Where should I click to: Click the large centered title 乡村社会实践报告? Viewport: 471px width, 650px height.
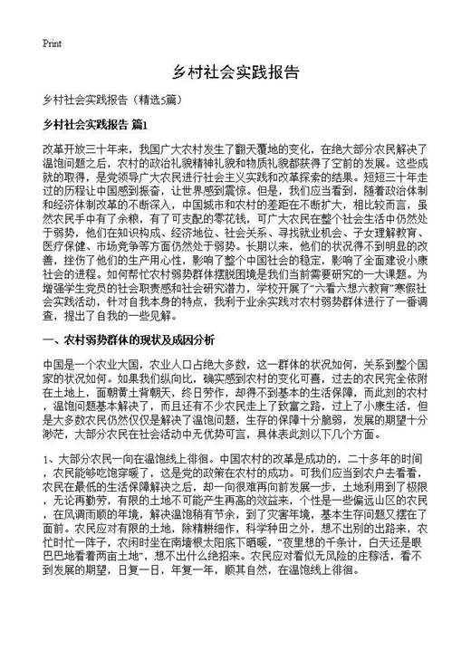(x=235, y=72)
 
